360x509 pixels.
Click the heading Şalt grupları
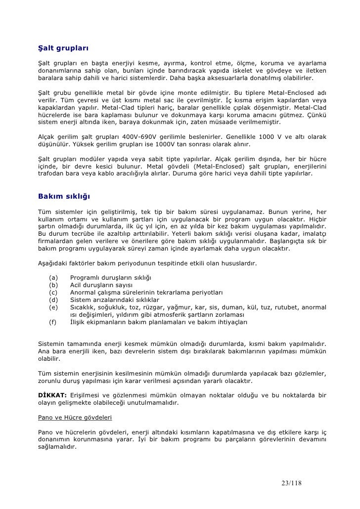(63, 49)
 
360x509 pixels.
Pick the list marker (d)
(54, 299)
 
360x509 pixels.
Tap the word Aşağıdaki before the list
(53, 263)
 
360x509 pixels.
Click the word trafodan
(52, 174)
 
